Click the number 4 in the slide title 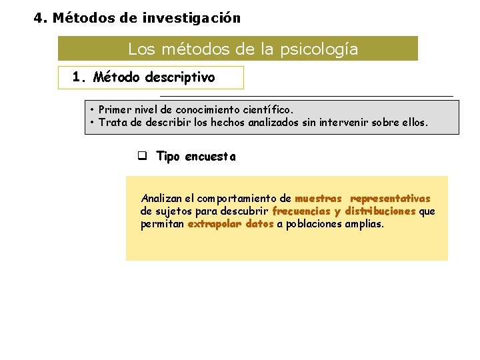pyautogui.click(x=39, y=18)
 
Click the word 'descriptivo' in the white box pyautogui.click(x=182, y=77)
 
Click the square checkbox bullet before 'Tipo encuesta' pyautogui.click(x=142, y=156)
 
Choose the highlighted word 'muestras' pyautogui.click(x=318, y=198)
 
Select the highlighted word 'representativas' pyautogui.click(x=390, y=198)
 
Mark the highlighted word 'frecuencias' pyautogui.click(x=301, y=211)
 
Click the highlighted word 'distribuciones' pyautogui.click(x=380, y=211)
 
